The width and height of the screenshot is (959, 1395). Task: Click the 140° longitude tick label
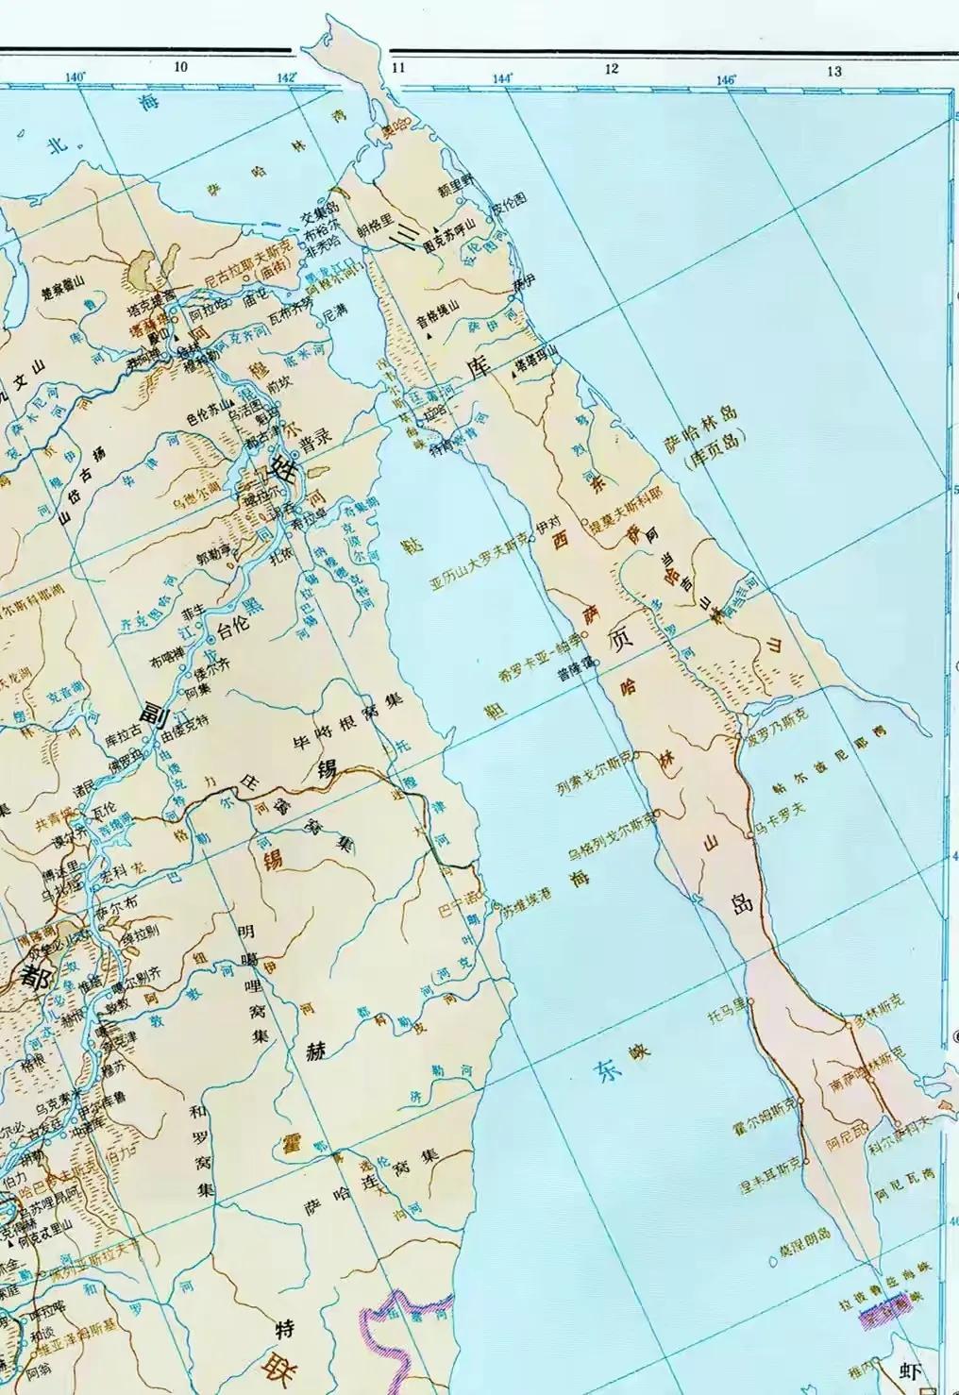click(x=76, y=76)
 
